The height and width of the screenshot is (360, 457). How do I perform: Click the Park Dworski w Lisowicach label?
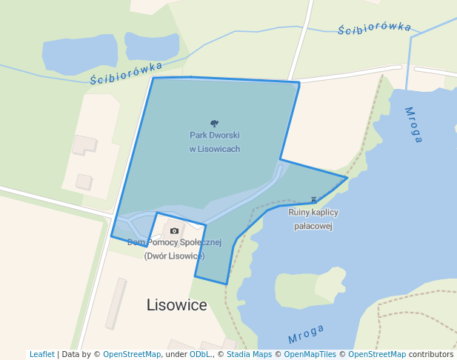click(214, 141)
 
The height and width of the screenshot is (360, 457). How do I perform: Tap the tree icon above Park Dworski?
click(214, 124)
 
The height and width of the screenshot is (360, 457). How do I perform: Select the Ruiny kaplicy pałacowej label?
click(313, 219)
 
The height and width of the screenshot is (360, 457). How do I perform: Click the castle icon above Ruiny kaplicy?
click(313, 200)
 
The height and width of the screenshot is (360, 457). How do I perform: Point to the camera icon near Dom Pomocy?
click(174, 230)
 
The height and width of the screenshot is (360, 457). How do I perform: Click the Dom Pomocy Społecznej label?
click(174, 242)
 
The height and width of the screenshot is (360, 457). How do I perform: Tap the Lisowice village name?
click(177, 304)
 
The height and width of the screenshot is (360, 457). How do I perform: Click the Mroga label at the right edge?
click(414, 124)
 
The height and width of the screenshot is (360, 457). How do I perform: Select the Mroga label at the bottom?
click(306, 334)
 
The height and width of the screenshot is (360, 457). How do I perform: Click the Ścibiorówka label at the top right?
click(374, 28)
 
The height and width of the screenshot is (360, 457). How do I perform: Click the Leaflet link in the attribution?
click(41, 354)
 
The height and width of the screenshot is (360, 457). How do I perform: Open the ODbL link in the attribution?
click(200, 354)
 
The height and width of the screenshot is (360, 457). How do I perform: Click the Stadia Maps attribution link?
click(249, 354)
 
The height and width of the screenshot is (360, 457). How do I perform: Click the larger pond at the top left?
click(80, 54)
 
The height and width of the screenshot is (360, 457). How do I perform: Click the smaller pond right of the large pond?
click(152, 46)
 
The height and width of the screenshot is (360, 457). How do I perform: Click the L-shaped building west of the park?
click(83, 144)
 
